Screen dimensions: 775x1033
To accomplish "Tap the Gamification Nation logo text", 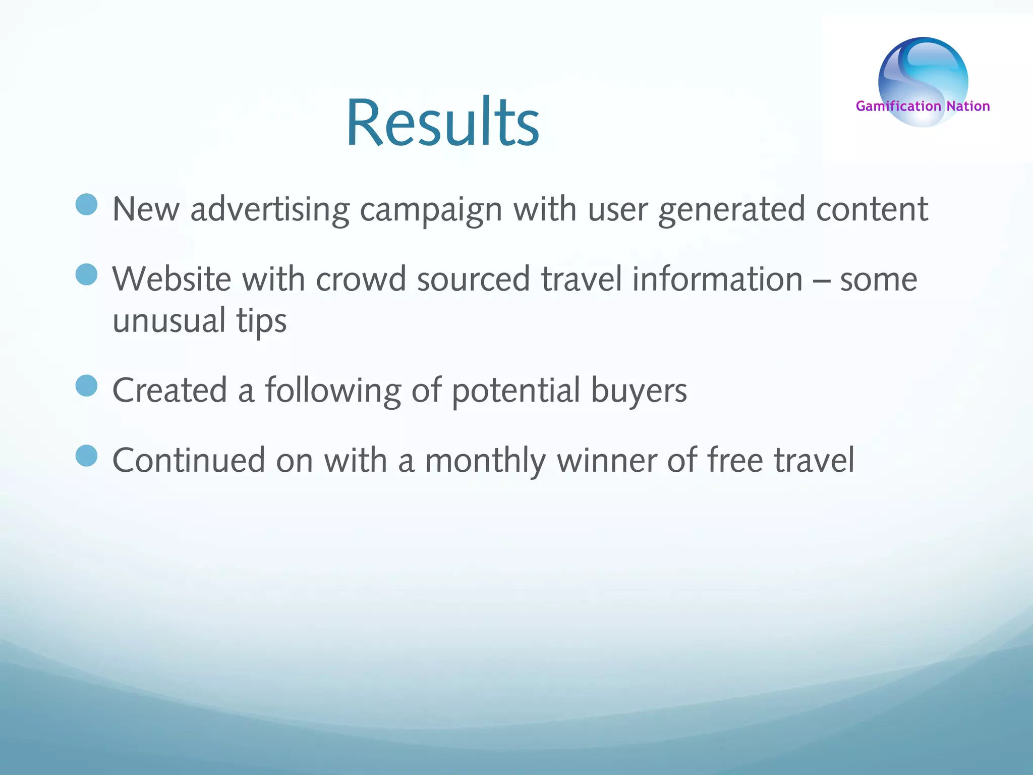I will pyautogui.click(x=923, y=106).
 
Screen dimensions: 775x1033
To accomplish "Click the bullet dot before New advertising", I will pyautogui.click(x=86, y=204).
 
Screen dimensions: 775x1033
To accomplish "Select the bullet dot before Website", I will pyautogui.click(x=86, y=274).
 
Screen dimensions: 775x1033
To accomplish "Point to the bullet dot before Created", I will pyautogui.click(x=86, y=386).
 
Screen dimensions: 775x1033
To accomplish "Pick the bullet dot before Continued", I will pyautogui.click(x=86, y=456).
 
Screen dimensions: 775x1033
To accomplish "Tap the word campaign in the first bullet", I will pyautogui.click(x=431, y=209).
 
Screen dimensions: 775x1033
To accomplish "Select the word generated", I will pyautogui.click(x=731, y=209).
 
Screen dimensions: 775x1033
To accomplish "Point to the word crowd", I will pyautogui.click(x=361, y=279).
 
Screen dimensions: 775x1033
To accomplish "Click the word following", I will pyautogui.click(x=333, y=391).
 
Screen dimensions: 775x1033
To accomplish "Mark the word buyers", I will pyautogui.click(x=639, y=391).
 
